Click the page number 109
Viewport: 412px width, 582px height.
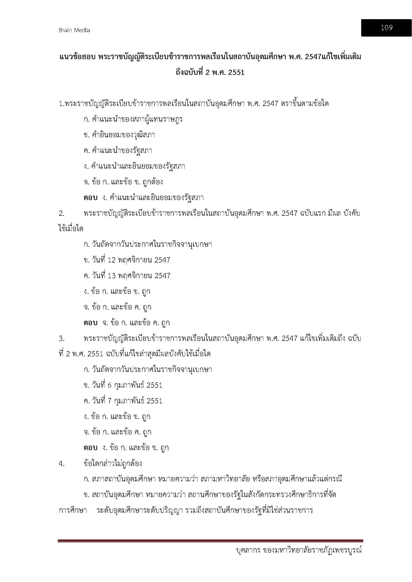coord(386,28)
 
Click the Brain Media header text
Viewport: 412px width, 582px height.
coord(74,30)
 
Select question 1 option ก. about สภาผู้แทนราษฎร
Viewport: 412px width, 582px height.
coord(133,119)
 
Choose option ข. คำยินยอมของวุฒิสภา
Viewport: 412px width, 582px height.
coord(119,135)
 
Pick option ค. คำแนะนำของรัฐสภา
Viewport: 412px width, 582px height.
coord(118,151)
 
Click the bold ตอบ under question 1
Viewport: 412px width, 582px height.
coord(91,198)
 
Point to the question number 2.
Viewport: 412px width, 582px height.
coord(62,213)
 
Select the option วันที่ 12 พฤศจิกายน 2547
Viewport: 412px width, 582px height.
coord(127,260)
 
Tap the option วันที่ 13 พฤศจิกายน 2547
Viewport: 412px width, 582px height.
coord(127,276)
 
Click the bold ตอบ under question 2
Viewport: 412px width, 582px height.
coord(91,323)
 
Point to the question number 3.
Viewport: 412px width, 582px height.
coord(62,338)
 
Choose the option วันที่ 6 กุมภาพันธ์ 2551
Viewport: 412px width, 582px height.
coord(123,385)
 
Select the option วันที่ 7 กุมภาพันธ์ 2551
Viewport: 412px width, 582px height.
coord(123,401)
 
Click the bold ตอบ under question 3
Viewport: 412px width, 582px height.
coord(91,448)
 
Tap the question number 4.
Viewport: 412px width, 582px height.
coord(62,464)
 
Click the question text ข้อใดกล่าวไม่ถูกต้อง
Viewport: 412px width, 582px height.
coord(113,464)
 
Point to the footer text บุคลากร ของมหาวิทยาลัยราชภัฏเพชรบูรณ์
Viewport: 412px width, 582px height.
coord(298,550)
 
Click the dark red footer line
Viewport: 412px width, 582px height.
coord(210,541)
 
